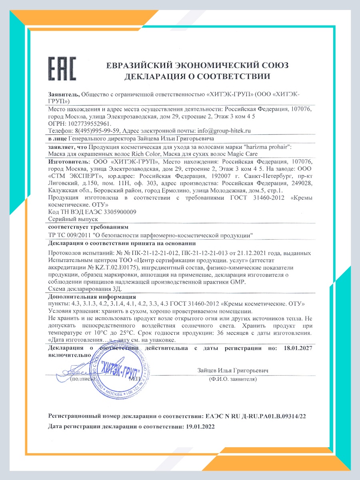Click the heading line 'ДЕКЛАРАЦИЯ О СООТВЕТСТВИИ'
(197, 76)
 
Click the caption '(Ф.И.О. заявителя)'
(232, 378)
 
